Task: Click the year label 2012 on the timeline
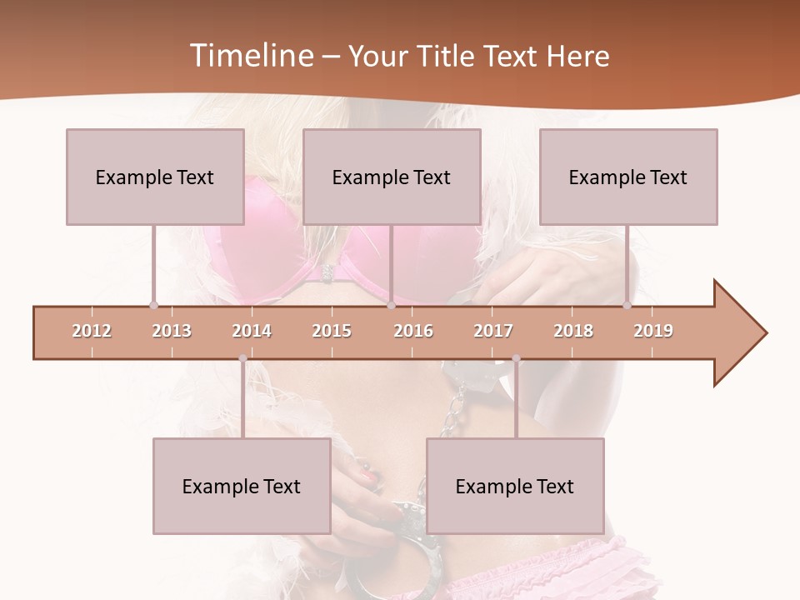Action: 92,331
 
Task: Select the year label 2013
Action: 172,331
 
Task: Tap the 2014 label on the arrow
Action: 252,331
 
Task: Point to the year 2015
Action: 332,331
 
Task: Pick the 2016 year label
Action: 413,331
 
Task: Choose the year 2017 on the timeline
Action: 493,331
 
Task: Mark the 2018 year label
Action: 573,331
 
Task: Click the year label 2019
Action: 653,331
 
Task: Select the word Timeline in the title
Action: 250,56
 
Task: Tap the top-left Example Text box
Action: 155,177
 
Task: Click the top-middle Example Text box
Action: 392,177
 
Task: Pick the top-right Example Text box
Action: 628,177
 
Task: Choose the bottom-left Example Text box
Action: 242,486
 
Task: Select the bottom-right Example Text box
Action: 515,486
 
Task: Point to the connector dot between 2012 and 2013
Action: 153,306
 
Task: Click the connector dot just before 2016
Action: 391,306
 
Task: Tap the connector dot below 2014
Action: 242,359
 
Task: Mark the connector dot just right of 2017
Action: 516,359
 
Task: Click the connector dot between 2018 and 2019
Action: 627,306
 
